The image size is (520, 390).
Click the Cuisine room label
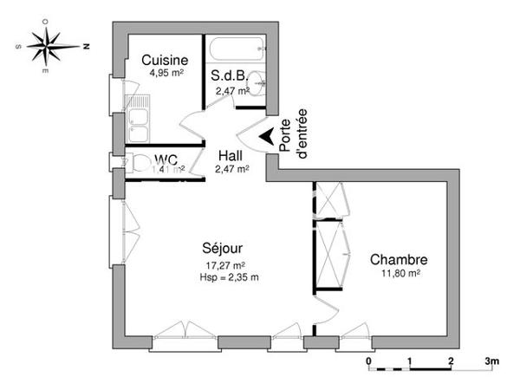165,60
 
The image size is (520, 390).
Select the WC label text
166,159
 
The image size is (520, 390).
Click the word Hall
230,156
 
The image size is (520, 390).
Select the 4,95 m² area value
165,73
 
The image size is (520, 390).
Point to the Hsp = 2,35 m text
229,277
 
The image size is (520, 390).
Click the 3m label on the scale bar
491,361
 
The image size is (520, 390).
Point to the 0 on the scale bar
368,361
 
